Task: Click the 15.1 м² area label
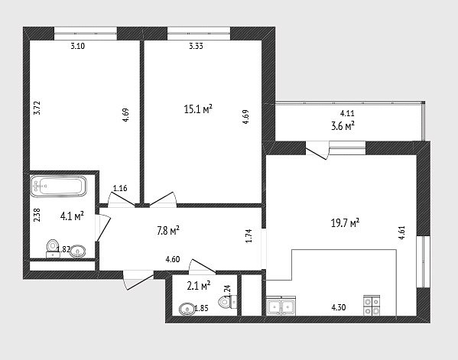198,109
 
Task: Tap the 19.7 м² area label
345,223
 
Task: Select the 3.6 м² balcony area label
343,126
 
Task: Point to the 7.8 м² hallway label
168,231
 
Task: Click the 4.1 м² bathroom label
72,216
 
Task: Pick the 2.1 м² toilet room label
199,286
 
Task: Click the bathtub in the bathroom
58,186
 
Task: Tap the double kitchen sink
281,306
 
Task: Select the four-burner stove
372,306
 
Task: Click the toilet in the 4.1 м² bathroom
54,248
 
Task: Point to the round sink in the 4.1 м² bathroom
78,251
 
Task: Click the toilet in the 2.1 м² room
228,302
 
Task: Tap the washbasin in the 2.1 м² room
187,310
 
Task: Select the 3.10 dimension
78,46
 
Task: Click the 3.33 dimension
196,46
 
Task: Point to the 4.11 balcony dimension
347,113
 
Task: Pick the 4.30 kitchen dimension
339,307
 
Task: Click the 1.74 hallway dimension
248,235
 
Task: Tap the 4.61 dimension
402,232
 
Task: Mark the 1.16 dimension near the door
120,188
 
